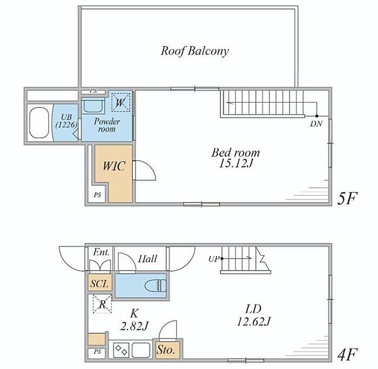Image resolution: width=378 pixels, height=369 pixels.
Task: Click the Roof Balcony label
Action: [x=194, y=51]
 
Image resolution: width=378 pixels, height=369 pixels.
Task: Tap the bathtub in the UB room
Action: [x=39, y=122]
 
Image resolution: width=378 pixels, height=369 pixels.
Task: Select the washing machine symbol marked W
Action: [x=120, y=102]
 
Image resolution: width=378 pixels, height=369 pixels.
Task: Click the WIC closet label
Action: [x=114, y=166]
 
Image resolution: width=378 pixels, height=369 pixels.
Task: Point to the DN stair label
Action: [x=316, y=124]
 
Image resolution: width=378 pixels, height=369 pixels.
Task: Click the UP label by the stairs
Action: [x=214, y=259]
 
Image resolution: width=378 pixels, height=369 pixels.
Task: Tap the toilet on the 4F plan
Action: [x=156, y=286]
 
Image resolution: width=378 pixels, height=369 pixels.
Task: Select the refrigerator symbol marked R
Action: [x=103, y=304]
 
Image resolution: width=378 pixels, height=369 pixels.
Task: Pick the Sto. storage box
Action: [x=167, y=350]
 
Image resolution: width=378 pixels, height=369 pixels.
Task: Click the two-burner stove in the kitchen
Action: [x=121, y=350]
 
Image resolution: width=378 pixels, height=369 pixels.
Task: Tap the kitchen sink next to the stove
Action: [x=141, y=350]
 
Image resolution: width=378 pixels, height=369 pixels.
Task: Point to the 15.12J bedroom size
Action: [x=235, y=164]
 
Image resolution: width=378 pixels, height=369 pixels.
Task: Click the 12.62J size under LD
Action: [x=254, y=322]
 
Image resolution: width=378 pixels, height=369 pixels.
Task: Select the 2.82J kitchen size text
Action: [x=134, y=326]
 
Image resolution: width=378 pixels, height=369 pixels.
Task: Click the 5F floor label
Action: [x=347, y=199]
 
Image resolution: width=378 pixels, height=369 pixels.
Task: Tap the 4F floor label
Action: [x=347, y=354]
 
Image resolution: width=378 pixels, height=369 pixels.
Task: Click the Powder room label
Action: [x=107, y=125]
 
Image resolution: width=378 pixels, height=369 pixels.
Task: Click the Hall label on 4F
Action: [x=147, y=259]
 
